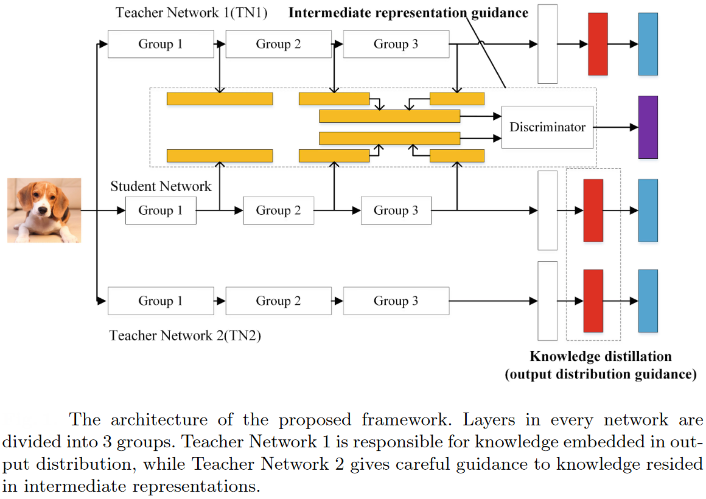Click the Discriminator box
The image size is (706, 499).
pyautogui.click(x=547, y=127)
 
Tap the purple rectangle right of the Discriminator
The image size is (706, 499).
pyautogui.click(x=648, y=127)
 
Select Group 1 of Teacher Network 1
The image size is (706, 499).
pyautogui.click(x=161, y=44)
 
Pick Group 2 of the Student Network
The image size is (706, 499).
pyautogui.click(x=278, y=211)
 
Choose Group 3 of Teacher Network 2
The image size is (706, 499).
pyautogui.click(x=396, y=301)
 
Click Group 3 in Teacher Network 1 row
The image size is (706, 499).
pyautogui.click(x=396, y=44)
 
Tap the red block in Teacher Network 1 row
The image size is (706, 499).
pyautogui.click(x=598, y=44)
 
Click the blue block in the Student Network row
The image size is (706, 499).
pyautogui.click(x=648, y=210)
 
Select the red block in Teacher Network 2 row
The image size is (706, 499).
pyautogui.click(x=593, y=301)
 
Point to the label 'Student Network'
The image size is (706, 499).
pyautogui.click(x=161, y=186)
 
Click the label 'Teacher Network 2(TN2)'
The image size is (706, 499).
pyautogui.click(x=185, y=335)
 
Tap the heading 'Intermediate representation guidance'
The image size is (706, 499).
pyautogui.click(x=408, y=13)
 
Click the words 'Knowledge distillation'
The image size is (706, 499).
pyautogui.click(x=600, y=357)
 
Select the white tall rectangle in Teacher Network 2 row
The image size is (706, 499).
pyautogui.click(x=548, y=301)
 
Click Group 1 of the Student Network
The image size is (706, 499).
pyautogui.click(x=161, y=211)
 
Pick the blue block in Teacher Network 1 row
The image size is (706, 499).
pyautogui.click(x=648, y=44)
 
